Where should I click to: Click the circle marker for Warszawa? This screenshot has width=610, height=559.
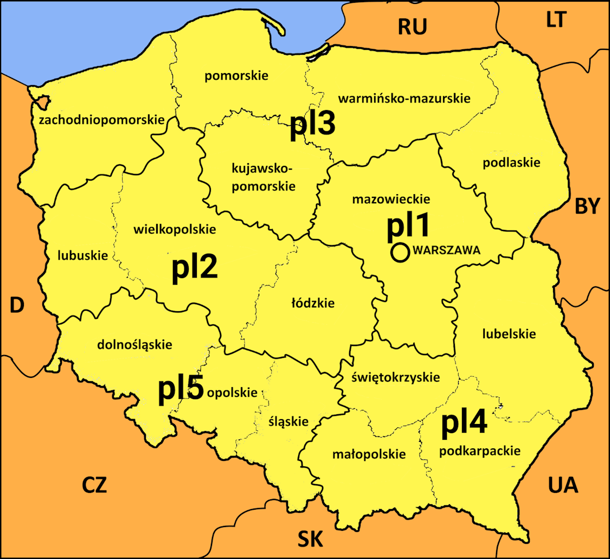[400, 253]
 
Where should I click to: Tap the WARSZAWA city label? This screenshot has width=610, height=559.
[447, 251]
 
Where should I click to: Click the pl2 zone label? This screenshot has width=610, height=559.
[195, 268]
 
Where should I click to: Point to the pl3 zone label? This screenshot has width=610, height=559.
[312, 125]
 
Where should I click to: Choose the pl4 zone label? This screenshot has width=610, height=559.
[464, 424]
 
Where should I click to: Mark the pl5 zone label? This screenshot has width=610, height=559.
[181, 389]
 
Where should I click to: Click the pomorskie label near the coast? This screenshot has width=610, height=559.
[236, 76]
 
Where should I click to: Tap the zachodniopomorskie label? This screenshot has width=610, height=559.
[101, 120]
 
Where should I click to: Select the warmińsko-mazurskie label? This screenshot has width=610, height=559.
[404, 99]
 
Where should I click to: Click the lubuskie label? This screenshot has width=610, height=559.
[84, 255]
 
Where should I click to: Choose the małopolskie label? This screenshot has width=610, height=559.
[369, 454]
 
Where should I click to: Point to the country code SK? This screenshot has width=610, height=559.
[311, 539]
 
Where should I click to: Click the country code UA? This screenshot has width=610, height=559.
[563, 485]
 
